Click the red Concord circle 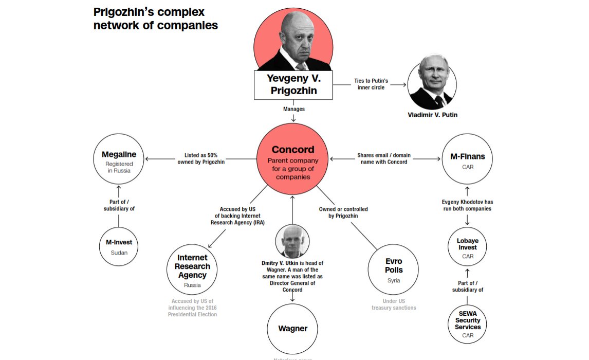[293, 159]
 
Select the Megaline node [119, 159]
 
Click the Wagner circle [292, 329]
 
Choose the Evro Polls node [394, 268]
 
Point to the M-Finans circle [467, 159]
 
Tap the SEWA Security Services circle [467, 323]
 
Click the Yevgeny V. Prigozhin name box [293, 85]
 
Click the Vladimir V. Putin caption [432, 115]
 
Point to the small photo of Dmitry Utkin [292, 241]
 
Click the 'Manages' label [293, 109]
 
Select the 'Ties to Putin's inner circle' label [371, 84]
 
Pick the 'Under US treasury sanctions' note [394, 304]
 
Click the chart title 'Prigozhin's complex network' [155, 19]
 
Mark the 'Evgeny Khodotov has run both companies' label [467, 205]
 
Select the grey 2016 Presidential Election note [192, 308]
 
